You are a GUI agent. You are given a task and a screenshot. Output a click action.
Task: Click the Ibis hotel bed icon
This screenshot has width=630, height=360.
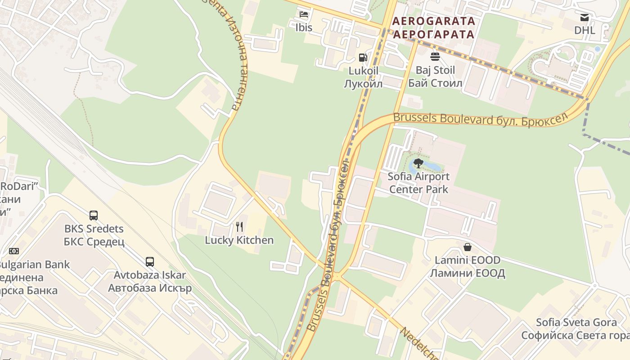[304, 14]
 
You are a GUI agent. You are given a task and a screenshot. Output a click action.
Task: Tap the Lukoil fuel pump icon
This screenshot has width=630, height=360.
[363, 58]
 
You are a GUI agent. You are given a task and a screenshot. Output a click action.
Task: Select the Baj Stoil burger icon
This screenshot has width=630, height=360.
[435, 57]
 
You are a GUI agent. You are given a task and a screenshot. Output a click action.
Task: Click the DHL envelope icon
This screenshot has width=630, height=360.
[585, 18]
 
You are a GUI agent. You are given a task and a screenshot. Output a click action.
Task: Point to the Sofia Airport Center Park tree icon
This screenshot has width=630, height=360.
[418, 163]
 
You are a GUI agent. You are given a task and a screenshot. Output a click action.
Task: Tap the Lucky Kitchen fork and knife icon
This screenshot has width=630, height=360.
[239, 227]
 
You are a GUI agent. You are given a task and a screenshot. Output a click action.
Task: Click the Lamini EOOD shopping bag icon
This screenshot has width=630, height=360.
[468, 247]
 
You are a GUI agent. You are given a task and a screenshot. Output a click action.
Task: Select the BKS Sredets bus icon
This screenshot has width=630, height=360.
[94, 216]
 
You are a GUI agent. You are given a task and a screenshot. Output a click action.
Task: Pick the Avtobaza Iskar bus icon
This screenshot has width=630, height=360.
[150, 262]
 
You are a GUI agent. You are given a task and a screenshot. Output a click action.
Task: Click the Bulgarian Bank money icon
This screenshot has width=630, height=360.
[14, 251]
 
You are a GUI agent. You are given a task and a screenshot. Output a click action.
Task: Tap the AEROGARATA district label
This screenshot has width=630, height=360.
[434, 21]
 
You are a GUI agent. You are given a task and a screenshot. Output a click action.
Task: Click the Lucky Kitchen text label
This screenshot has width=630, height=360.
[239, 240]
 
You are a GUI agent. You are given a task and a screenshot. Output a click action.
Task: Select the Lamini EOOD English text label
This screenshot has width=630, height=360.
[468, 260]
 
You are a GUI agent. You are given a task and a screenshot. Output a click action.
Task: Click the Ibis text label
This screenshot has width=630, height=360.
[304, 27]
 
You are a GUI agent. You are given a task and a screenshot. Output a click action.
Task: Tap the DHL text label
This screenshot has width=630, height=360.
[585, 31]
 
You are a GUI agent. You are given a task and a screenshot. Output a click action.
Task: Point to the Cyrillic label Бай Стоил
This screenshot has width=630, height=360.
[435, 83]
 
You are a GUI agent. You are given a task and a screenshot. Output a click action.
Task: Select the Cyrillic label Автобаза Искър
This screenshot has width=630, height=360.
[150, 288]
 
